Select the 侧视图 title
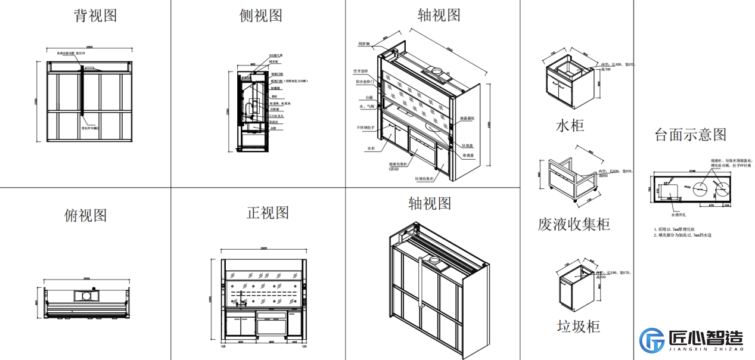260,15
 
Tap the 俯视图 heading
86,215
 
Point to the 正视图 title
268,213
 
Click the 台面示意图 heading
690,135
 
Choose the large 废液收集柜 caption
573,224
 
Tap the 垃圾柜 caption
578,326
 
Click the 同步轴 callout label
364,44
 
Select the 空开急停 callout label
363,70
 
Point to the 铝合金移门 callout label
365,82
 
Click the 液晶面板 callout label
467,119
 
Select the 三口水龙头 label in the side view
276,116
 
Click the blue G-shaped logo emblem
652,340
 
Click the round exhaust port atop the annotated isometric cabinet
437,72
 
